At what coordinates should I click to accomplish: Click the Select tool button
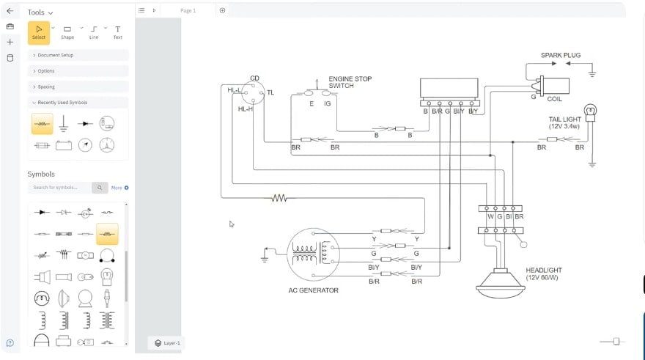pyautogui.click(x=39, y=32)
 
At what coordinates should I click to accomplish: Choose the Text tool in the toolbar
pyautogui.click(x=117, y=32)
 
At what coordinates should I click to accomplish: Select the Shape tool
pyautogui.click(x=67, y=32)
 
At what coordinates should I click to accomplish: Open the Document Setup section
pyautogui.click(x=78, y=55)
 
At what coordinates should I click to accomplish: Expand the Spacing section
pyautogui.click(x=78, y=87)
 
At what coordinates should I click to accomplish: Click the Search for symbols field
pyautogui.click(x=61, y=188)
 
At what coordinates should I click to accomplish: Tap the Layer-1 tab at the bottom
pyautogui.click(x=168, y=342)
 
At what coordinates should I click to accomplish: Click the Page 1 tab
pyautogui.click(x=188, y=10)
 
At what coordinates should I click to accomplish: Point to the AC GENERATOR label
pyautogui.click(x=313, y=290)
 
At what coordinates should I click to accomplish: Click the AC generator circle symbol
pyautogui.click(x=313, y=254)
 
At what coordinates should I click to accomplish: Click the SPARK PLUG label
pyautogui.click(x=561, y=55)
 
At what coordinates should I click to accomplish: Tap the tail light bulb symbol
pyautogui.click(x=590, y=112)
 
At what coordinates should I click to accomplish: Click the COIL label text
pyautogui.click(x=556, y=98)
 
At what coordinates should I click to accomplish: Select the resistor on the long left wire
pyautogui.click(x=279, y=197)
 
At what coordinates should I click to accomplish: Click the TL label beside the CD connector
pyautogui.click(x=270, y=92)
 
